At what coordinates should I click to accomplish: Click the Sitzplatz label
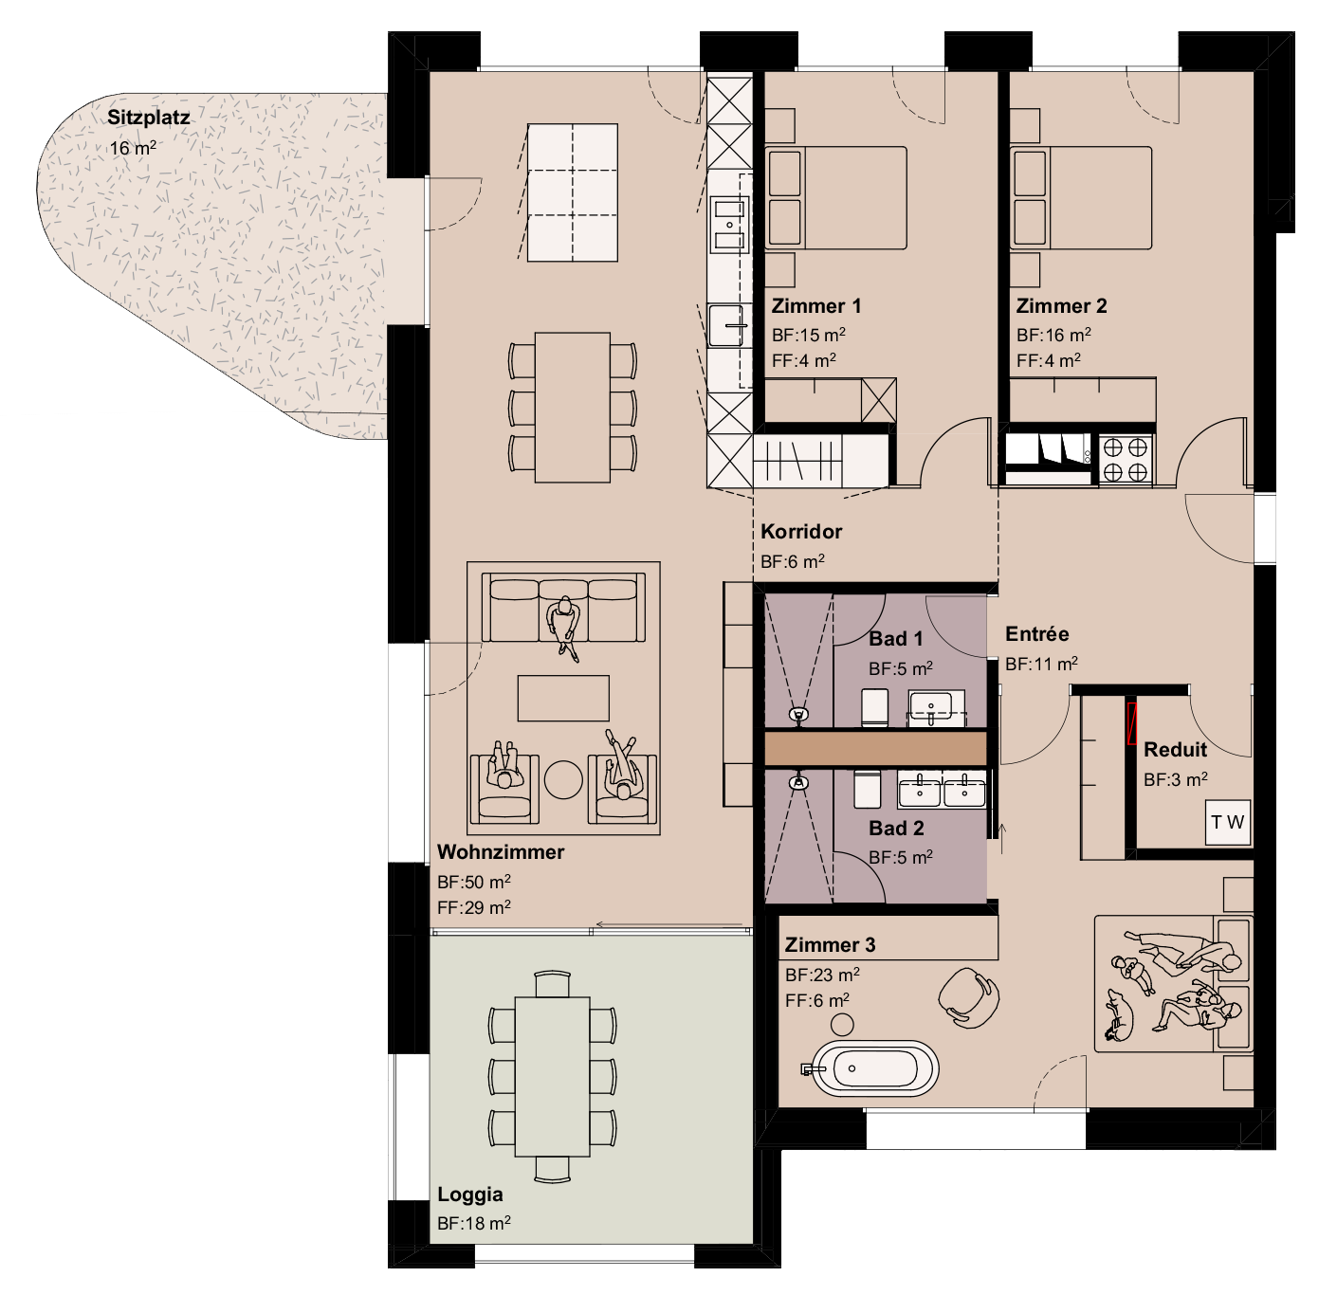(x=148, y=118)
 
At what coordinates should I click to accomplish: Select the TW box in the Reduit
(x=1228, y=822)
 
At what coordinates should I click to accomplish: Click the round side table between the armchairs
(x=563, y=779)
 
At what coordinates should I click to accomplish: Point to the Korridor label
(x=801, y=532)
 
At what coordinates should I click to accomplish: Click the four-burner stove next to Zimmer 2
(x=1126, y=459)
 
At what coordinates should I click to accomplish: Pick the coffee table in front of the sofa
(x=563, y=698)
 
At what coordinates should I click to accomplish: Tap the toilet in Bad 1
(x=874, y=707)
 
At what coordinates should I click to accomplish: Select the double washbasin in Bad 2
(x=943, y=790)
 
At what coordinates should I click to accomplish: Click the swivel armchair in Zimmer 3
(x=969, y=997)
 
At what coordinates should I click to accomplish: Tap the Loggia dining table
(x=552, y=1076)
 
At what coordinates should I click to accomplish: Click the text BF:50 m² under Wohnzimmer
(x=473, y=882)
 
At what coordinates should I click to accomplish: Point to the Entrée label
(x=1036, y=634)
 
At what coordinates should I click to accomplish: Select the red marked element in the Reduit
(x=1130, y=723)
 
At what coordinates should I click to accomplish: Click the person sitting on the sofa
(x=564, y=626)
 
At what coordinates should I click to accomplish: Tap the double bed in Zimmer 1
(x=836, y=198)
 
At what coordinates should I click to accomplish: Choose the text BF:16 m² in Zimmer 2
(x=1053, y=335)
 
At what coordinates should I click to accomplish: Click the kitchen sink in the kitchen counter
(x=728, y=325)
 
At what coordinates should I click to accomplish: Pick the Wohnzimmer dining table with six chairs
(x=572, y=408)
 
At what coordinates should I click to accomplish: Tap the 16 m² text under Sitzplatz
(x=133, y=148)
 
